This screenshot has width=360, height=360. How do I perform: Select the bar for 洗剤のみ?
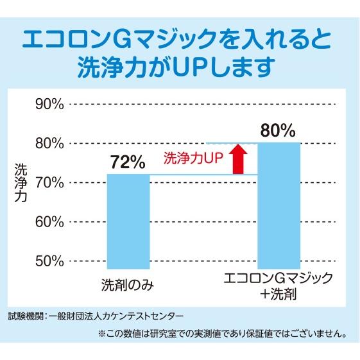[128, 221]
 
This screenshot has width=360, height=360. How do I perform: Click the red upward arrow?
[238, 159]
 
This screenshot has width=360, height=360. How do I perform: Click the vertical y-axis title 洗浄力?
[20, 183]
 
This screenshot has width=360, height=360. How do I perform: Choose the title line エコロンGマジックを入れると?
[180, 40]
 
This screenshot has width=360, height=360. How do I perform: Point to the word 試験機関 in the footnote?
[24, 316]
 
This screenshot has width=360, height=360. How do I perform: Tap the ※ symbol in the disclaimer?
[101, 334]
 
